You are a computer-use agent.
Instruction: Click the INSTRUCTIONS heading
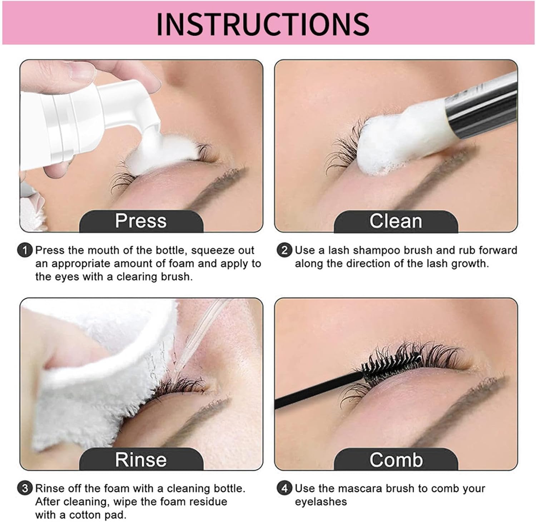(x=263, y=24)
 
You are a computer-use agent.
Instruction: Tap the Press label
(x=141, y=221)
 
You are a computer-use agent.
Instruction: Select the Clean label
(x=396, y=221)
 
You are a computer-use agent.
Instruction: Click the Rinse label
(x=141, y=459)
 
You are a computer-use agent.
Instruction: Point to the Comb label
(x=396, y=459)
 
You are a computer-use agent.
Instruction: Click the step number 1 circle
(x=25, y=250)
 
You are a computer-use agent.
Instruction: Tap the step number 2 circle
(x=284, y=250)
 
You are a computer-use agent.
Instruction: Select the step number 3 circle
(x=25, y=488)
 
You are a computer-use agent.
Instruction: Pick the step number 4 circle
(x=284, y=488)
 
